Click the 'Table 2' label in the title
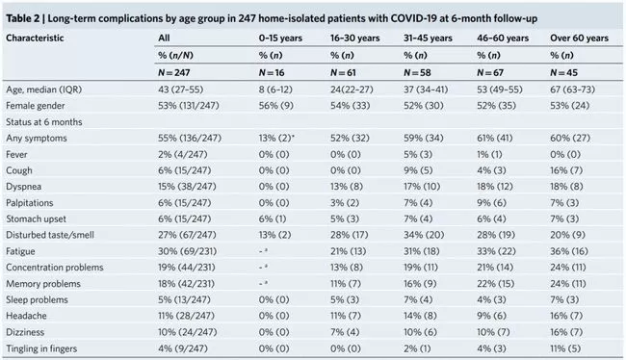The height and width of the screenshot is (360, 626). tap(22, 18)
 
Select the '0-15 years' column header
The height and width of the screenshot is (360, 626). tap(280, 39)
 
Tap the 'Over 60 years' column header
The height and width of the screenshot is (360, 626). tap(579, 39)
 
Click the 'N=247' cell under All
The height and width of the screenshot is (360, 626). tap(174, 72)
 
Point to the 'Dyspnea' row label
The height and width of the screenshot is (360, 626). tap(23, 187)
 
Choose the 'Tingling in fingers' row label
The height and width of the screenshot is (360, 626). tap(41, 348)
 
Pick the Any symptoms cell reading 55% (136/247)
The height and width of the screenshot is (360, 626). tap(190, 138)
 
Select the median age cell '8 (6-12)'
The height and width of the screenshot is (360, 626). tap(275, 90)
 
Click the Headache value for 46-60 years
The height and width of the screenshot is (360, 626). tap(491, 316)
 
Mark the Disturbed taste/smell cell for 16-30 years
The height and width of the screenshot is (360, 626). tap(350, 235)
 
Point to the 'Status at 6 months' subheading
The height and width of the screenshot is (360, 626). tap(44, 122)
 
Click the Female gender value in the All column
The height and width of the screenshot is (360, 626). tap(189, 106)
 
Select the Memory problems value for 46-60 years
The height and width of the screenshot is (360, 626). tap(495, 284)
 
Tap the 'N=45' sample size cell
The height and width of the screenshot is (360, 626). tap(563, 72)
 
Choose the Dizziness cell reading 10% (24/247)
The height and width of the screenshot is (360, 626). tap(188, 332)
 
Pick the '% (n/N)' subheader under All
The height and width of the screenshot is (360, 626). tap(175, 56)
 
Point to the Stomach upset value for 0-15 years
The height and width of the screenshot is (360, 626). tap(273, 219)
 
